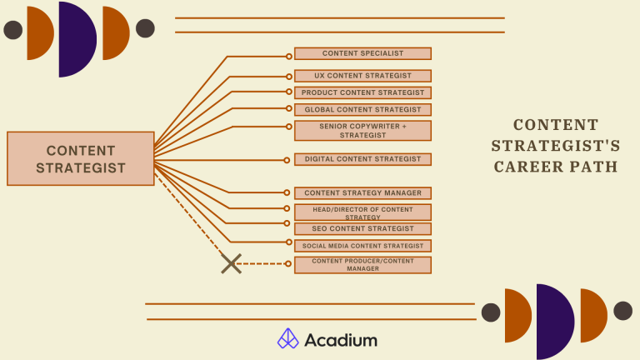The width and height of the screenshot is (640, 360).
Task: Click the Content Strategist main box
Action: [80, 158]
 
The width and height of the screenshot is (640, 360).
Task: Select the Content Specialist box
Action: [362, 53]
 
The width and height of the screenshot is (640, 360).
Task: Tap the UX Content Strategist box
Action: [362, 76]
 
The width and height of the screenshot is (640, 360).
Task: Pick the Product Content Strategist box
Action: [362, 92]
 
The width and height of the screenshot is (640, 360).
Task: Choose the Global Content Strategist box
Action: [362, 109]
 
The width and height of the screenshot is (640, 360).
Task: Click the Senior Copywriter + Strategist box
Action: [362, 130]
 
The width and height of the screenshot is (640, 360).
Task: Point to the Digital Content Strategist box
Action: [362, 159]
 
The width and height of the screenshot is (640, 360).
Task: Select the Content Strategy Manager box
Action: [362, 193]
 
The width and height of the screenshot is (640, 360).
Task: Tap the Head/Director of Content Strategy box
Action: [362, 212]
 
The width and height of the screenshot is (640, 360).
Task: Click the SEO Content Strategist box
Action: [362, 228]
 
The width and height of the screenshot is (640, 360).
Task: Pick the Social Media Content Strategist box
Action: [362, 246]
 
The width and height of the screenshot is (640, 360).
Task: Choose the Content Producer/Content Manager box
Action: [362, 265]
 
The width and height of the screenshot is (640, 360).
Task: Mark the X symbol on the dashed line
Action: [231, 264]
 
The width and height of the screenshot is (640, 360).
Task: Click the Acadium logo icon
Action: [288, 339]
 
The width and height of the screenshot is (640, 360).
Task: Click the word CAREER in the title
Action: [528, 167]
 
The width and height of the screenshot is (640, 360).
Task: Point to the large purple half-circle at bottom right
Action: [553, 322]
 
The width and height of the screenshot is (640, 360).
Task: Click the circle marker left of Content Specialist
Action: [289, 56]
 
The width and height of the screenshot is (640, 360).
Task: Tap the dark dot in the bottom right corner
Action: [622, 311]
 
